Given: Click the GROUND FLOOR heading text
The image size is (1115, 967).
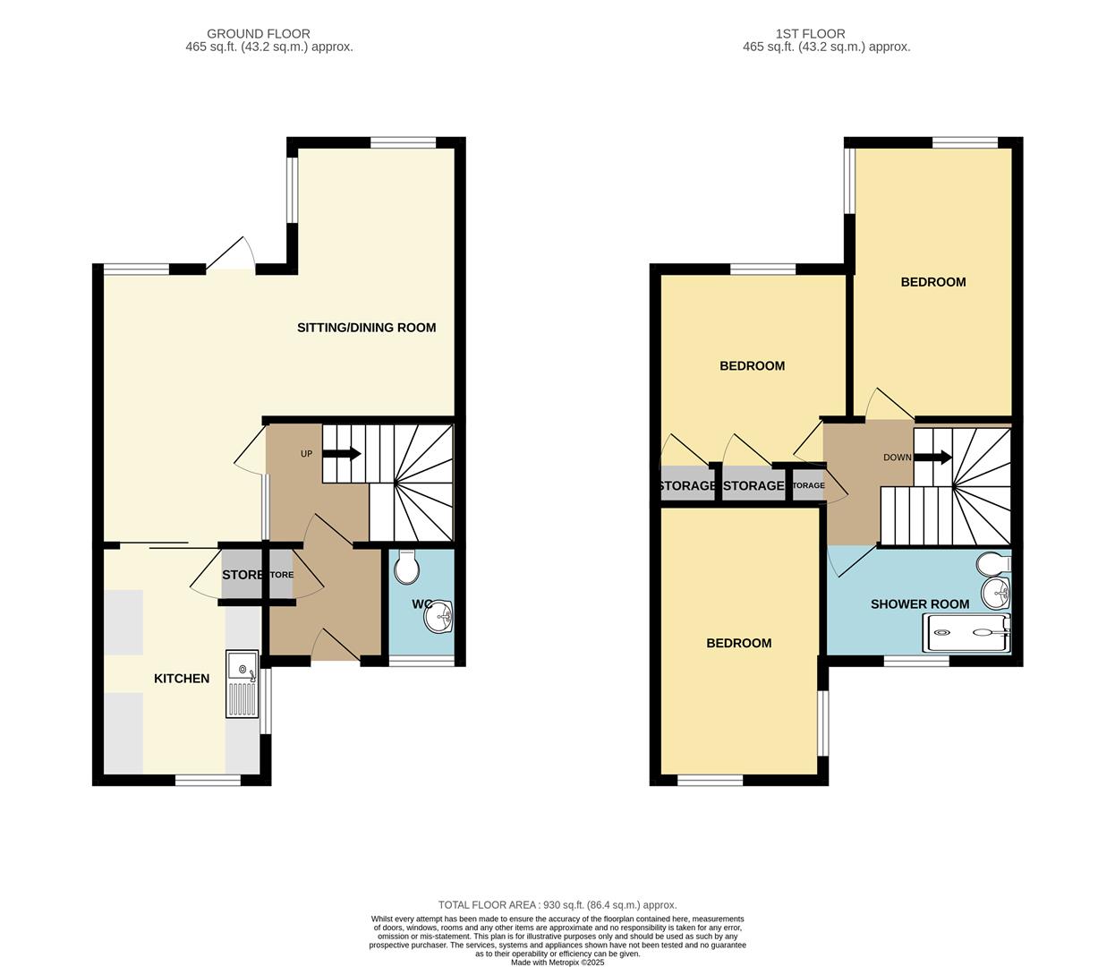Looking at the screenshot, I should pyautogui.click(x=259, y=34).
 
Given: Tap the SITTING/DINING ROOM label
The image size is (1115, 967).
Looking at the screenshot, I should pyautogui.click(x=366, y=328).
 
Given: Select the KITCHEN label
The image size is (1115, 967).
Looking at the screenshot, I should pyautogui.click(x=182, y=679).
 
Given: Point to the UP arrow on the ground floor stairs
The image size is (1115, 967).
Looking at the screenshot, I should pyautogui.click(x=341, y=454).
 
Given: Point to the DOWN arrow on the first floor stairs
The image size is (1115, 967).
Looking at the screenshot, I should pyautogui.click(x=932, y=458).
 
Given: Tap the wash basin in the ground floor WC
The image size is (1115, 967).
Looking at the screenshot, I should pyautogui.click(x=439, y=617).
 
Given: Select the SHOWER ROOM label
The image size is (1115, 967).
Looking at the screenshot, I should pyautogui.click(x=920, y=604).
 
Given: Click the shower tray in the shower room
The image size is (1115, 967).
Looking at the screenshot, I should pyautogui.click(x=969, y=633).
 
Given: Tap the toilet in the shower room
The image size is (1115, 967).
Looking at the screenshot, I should pyautogui.click(x=993, y=565).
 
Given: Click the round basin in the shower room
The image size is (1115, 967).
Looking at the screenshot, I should pyautogui.click(x=997, y=593).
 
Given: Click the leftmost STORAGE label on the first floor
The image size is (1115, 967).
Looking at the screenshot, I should pyautogui.click(x=687, y=486).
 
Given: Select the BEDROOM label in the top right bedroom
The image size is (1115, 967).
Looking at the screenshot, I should pyautogui.click(x=932, y=282).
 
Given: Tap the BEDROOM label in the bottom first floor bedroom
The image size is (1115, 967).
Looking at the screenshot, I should pyautogui.click(x=738, y=644).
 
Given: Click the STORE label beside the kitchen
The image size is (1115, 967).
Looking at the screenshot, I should pyautogui.click(x=242, y=575).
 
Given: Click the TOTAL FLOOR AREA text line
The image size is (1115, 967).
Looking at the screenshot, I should pyautogui.click(x=557, y=905).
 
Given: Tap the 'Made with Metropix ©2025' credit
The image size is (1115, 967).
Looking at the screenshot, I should pyautogui.click(x=557, y=963).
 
